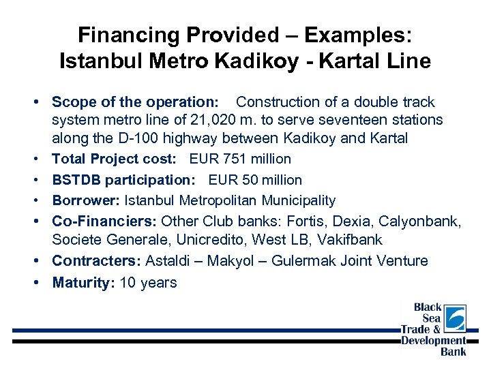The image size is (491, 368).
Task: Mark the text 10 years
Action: (148, 283)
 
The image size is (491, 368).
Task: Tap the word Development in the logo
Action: (433, 341)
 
